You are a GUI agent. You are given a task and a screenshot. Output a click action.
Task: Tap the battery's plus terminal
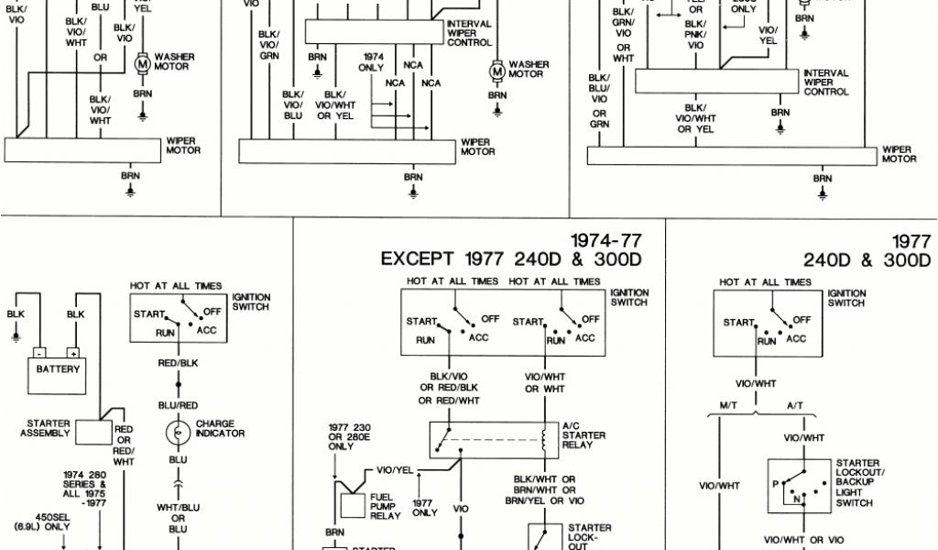[72, 352]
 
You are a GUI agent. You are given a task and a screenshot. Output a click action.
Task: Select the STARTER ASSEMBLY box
[92, 432]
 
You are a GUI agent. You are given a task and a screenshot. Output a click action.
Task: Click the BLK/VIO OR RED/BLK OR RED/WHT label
[449, 388]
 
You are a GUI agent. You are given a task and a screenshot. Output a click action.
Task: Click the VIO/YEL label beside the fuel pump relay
[396, 471]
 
